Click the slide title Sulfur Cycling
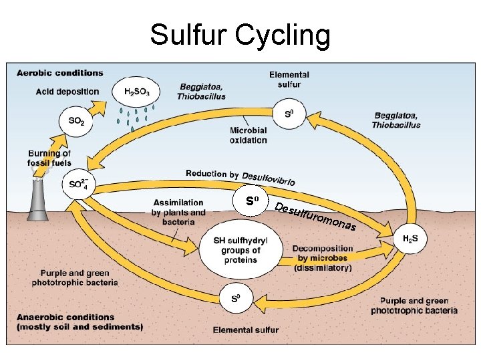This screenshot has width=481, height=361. (240, 35)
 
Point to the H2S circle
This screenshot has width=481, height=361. (410, 239)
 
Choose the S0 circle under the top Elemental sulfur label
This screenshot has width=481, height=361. (289, 114)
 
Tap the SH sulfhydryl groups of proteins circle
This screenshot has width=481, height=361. (239, 250)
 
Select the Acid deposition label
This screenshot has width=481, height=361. (67, 92)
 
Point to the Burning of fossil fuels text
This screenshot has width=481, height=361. (49, 158)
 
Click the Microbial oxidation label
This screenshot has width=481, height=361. (248, 135)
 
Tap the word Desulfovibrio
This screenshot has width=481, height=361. (269, 178)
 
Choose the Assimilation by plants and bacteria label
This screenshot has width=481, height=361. (178, 212)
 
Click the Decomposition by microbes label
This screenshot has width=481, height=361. (323, 258)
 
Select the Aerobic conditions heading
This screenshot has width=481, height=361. (60, 73)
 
